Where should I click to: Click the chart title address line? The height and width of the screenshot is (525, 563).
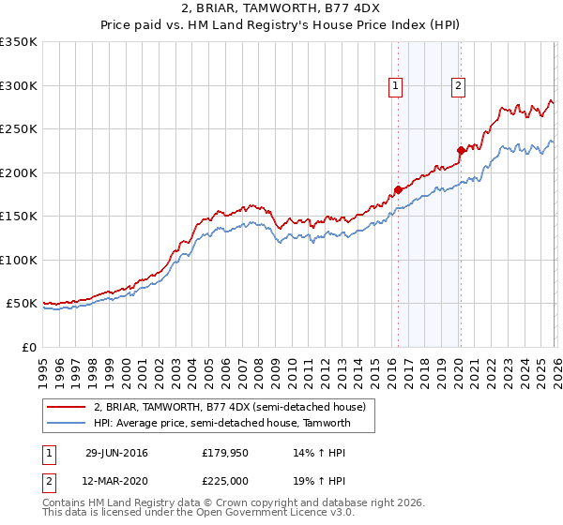pos(281,8)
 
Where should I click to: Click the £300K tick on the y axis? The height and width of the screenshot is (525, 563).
pos(18,85)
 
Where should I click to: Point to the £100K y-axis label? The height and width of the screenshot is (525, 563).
pos(18,260)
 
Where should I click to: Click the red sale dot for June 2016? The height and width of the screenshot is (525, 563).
pos(398,189)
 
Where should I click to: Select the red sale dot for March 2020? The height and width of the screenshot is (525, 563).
pos(461,150)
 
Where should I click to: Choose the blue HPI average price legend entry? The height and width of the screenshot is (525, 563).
pos(221,423)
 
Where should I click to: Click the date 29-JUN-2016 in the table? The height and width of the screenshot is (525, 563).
pos(116,452)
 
